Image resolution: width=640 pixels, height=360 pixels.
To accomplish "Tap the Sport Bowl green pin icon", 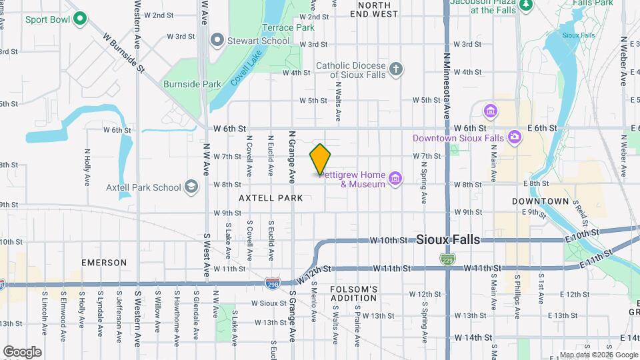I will (80, 19).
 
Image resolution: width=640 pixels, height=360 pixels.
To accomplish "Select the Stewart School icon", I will (216, 41).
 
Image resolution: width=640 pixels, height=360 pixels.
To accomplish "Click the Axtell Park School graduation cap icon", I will (191, 187).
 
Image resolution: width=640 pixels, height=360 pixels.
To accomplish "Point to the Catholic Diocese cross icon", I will (396, 69).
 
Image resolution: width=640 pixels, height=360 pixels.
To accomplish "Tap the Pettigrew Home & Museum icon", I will (395, 178).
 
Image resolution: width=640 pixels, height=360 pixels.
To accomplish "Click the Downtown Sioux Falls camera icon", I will (514, 137).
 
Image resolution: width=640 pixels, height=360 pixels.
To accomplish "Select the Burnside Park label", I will (192, 84).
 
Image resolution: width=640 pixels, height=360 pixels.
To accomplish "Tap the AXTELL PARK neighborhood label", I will (271, 198).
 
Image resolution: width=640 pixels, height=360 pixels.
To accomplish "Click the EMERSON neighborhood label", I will (104, 263).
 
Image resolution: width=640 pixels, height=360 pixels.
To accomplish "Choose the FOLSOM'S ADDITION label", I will (354, 293).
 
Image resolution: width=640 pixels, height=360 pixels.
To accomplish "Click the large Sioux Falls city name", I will (447, 240).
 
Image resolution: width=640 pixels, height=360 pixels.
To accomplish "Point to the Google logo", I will (22, 351).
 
